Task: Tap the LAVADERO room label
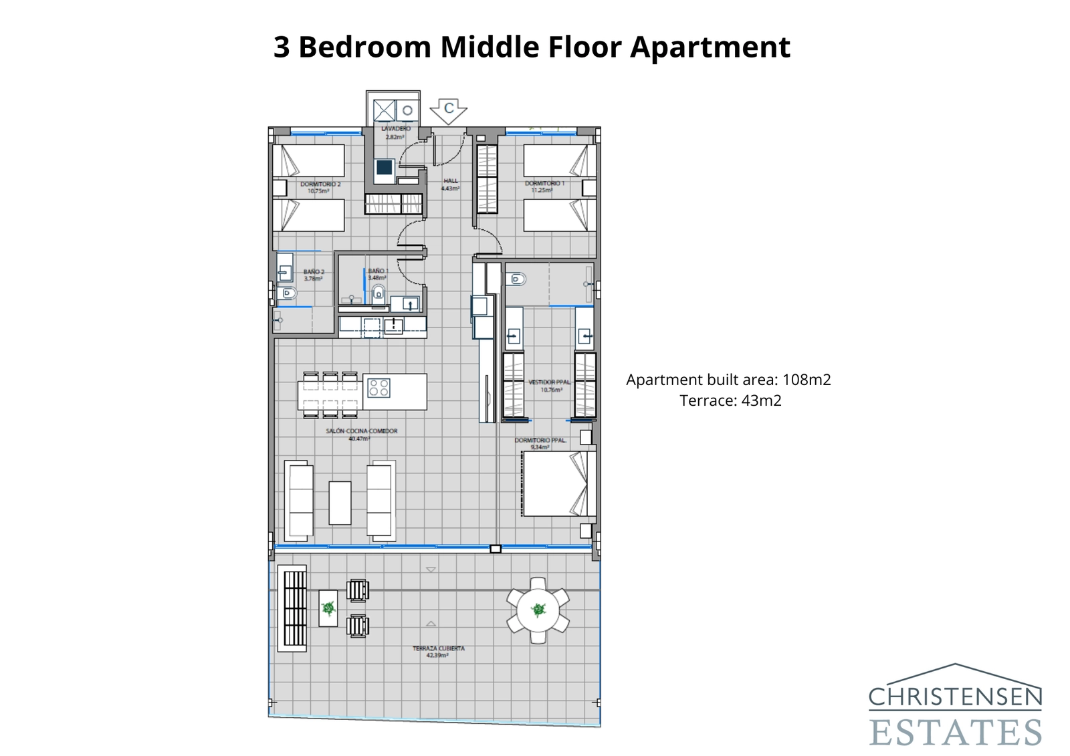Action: pos(395,128)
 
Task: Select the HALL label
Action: pos(451,180)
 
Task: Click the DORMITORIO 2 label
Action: pos(320,184)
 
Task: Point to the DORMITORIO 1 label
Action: pos(544,183)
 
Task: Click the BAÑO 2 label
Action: pos(314,271)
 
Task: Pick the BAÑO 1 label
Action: pos(377,271)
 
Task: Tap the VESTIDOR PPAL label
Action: pos(549,382)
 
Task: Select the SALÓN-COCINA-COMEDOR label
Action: pos(361,431)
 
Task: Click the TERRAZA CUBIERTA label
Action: pos(438,648)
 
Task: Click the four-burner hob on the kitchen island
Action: pos(379,388)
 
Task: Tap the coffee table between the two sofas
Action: pos(340,503)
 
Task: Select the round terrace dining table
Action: pos(538,610)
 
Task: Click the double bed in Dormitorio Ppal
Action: pos(558,483)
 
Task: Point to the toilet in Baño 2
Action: pos(288,293)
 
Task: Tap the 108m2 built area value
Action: pos(807,380)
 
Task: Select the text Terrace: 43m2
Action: pos(730,400)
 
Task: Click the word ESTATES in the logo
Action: pos(955,732)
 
